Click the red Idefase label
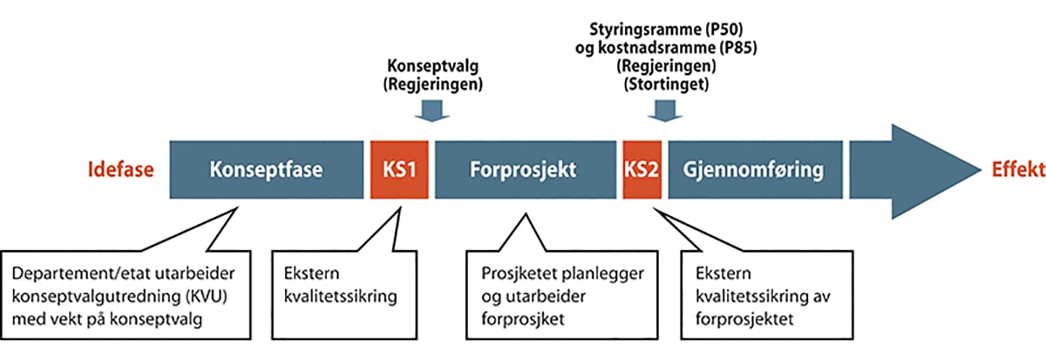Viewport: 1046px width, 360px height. pyautogui.click(x=119, y=170)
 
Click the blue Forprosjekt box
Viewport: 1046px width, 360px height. pyautogui.click(x=525, y=169)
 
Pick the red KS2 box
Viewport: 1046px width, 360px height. pyautogui.click(x=642, y=169)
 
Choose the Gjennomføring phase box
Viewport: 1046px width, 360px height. pyautogui.click(x=755, y=169)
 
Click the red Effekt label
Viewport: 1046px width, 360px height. pyautogui.click(x=1011, y=170)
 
